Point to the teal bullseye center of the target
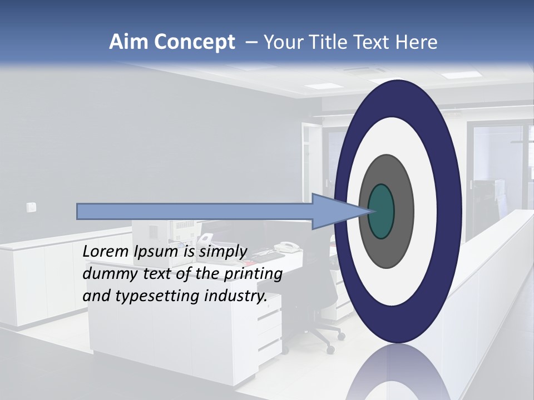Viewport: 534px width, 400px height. coord(381,211)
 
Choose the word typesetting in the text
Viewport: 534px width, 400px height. coord(158,296)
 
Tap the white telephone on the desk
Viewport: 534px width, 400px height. coord(287,247)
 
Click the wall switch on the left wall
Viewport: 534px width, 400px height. coord(31,207)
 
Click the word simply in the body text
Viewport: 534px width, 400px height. coord(222,252)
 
